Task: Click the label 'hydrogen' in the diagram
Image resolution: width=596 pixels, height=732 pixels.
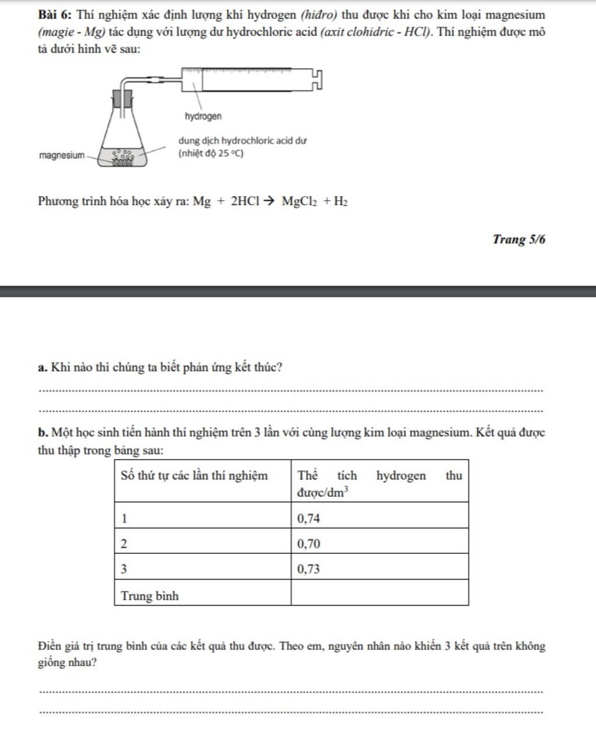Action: (203, 116)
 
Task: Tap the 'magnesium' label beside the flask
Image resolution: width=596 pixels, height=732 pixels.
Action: (61, 155)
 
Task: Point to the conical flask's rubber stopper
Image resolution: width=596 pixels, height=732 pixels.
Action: (123, 97)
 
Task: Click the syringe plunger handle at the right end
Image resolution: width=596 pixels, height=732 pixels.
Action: (316, 79)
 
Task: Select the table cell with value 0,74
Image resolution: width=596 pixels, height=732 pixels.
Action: (379, 518)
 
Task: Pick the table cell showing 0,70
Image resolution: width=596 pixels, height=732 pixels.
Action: (379, 544)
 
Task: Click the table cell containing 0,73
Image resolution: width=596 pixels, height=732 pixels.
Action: (379, 569)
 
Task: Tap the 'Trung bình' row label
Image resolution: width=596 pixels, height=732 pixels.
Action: (150, 596)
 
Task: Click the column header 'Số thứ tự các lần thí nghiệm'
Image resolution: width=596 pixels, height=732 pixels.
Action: (194, 475)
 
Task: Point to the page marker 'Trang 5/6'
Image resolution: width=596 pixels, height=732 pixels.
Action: (519, 239)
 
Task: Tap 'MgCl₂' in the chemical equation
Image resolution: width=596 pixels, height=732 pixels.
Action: (299, 202)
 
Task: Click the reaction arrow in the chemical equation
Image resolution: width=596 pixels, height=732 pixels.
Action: (269, 201)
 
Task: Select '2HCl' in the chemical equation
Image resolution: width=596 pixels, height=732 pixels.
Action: (244, 202)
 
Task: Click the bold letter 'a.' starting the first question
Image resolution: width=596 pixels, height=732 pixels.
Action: (42, 368)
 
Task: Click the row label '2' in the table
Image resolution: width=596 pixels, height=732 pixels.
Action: (124, 544)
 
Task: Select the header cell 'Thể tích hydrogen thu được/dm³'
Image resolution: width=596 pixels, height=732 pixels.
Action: (379, 483)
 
